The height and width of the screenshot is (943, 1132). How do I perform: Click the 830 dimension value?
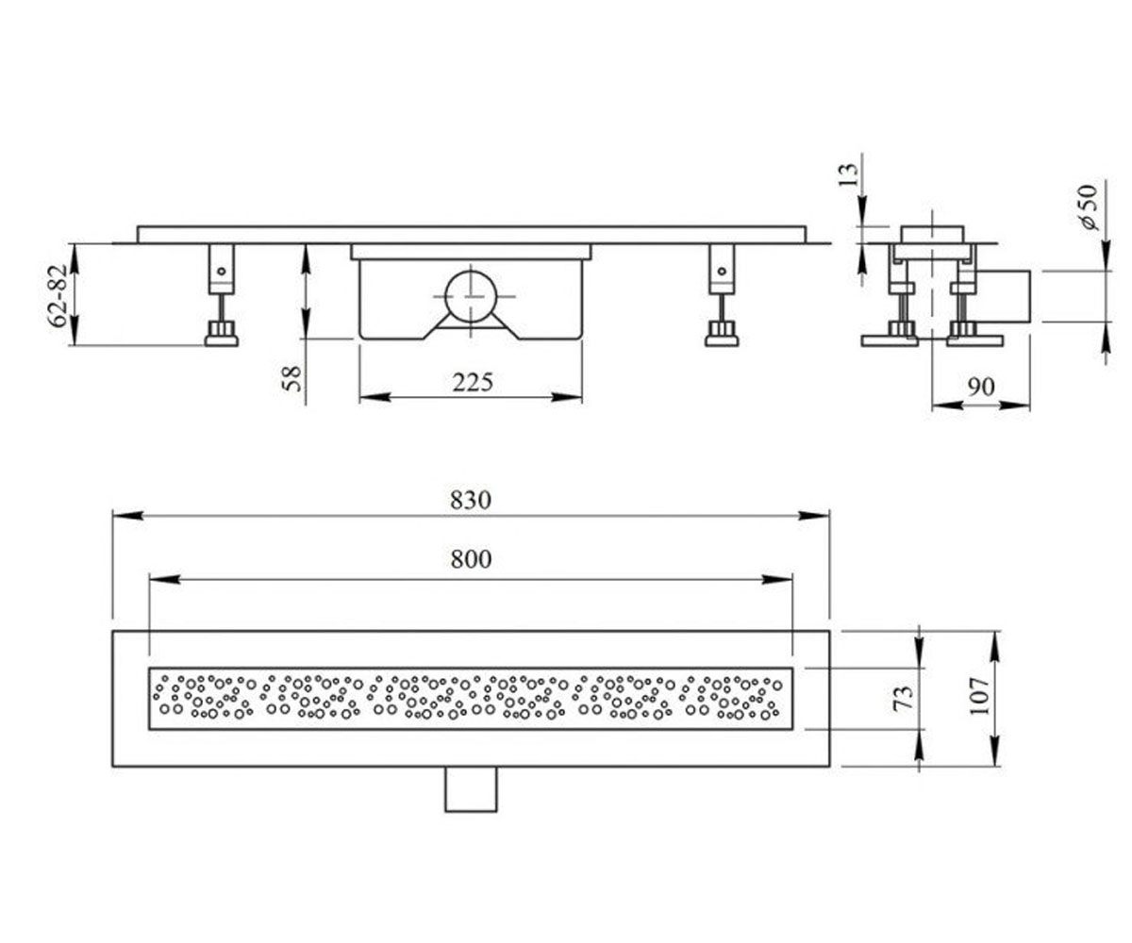pos(471,500)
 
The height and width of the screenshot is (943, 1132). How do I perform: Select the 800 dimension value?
pos(471,559)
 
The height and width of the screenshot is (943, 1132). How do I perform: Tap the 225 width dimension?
pos(473,383)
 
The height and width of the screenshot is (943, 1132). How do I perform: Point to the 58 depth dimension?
pos(291,378)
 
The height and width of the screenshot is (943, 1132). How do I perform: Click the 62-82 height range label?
pos(58,296)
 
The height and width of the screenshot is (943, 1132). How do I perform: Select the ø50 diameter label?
pos(1088,207)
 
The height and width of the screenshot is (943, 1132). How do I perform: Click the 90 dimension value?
pos(981,387)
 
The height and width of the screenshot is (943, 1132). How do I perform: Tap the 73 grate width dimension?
pos(903,699)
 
